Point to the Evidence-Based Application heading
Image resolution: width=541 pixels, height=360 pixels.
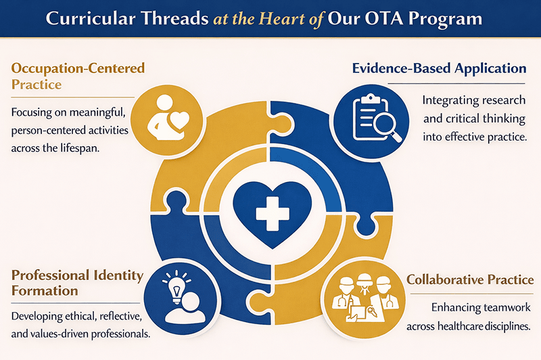click(440, 68)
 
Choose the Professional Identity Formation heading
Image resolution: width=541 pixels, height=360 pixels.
click(77, 283)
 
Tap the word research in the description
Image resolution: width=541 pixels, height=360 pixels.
click(497, 100)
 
